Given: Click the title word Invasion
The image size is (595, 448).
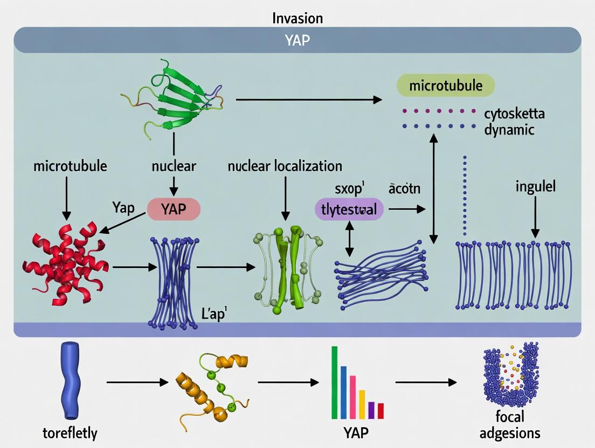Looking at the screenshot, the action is click(x=297, y=18).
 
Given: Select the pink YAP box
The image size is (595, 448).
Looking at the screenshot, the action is click(x=174, y=209).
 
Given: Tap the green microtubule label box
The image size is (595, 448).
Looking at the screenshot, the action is click(x=445, y=86).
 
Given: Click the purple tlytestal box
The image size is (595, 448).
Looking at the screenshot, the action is click(x=349, y=209).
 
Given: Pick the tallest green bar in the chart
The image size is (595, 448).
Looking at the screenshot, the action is click(x=334, y=382).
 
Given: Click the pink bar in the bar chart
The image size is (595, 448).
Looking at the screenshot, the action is click(x=353, y=397).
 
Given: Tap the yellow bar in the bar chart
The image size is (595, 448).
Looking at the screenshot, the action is click(x=362, y=404).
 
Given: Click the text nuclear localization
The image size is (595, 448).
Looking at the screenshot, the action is click(x=285, y=166).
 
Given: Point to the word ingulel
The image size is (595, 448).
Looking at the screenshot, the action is click(x=535, y=187).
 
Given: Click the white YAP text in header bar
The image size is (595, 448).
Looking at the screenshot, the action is click(x=297, y=40).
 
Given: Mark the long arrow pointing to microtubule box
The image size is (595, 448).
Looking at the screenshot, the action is click(x=308, y=100).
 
